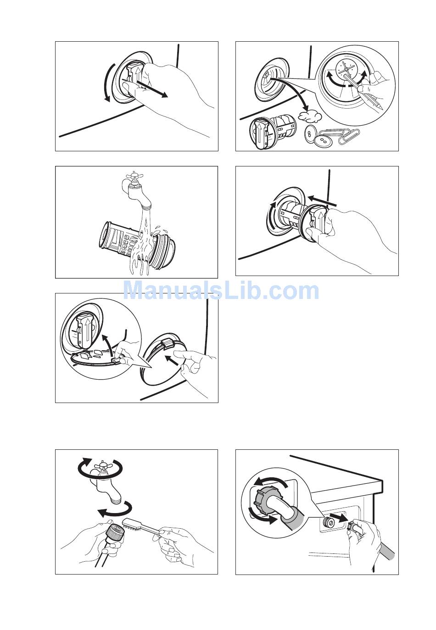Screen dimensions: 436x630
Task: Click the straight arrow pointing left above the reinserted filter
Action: (321, 201)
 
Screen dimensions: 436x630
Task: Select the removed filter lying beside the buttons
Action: (273, 133)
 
